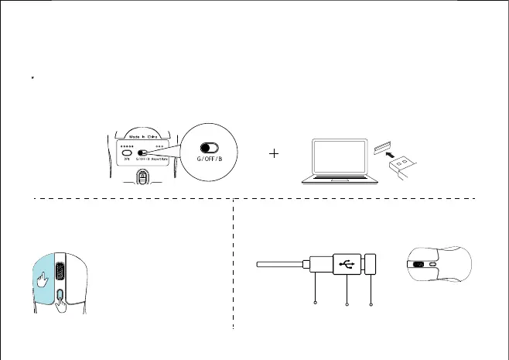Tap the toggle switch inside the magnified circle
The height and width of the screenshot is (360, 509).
coord(209,147)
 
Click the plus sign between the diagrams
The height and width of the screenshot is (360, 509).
coord(274,155)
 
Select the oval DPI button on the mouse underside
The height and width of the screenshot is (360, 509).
coord(125,153)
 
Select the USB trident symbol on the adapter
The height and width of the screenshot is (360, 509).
coord(347,263)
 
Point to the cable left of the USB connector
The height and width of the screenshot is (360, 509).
coord(282,264)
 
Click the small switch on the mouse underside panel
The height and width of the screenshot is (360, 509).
coord(143,153)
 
